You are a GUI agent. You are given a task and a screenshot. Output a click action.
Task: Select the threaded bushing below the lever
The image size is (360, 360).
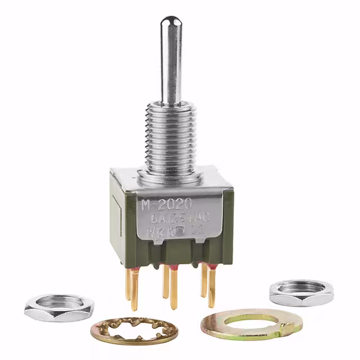click(170, 135)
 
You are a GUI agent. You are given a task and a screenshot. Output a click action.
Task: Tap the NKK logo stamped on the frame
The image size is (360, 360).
click(169, 231)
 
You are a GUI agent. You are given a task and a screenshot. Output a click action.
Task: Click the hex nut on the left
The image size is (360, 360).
click(58, 307)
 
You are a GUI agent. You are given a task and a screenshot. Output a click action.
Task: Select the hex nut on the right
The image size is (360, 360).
click(300, 292)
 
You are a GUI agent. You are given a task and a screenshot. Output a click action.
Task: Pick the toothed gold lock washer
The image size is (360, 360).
click(134, 331)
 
